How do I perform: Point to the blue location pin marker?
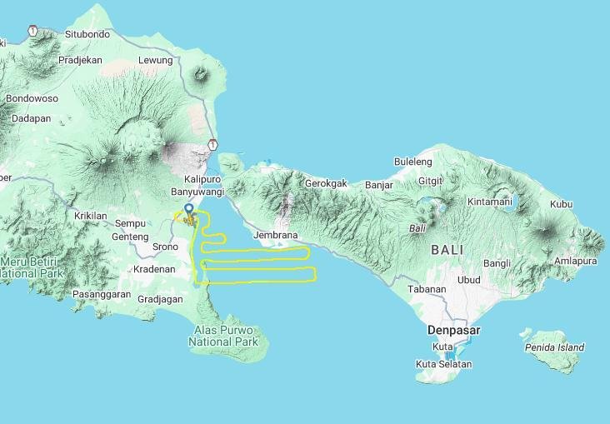coord(189,211)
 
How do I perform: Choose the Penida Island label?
coord(554,347)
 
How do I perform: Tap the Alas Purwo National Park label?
coord(222,336)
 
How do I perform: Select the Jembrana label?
coord(276,235)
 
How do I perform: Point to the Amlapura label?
coord(576,261)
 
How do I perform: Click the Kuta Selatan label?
coord(443,364)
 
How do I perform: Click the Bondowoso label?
coord(31,98)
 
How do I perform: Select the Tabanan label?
coord(427,289)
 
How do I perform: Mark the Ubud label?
coord(469,280)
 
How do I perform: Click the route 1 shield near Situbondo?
coord(32,31)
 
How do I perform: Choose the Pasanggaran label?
coord(102,294)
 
